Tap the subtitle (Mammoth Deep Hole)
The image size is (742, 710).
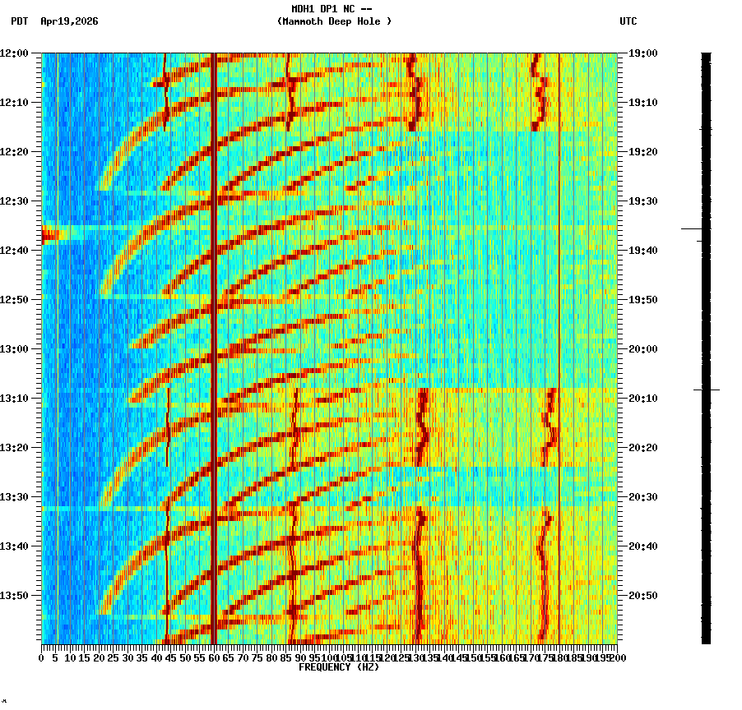click(334, 21)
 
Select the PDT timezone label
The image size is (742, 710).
click(19, 21)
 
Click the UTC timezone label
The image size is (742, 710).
click(628, 21)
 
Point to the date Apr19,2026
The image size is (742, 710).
click(69, 21)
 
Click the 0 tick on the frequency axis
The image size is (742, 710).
click(42, 657)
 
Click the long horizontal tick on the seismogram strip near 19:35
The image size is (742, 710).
click(692, 228)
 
